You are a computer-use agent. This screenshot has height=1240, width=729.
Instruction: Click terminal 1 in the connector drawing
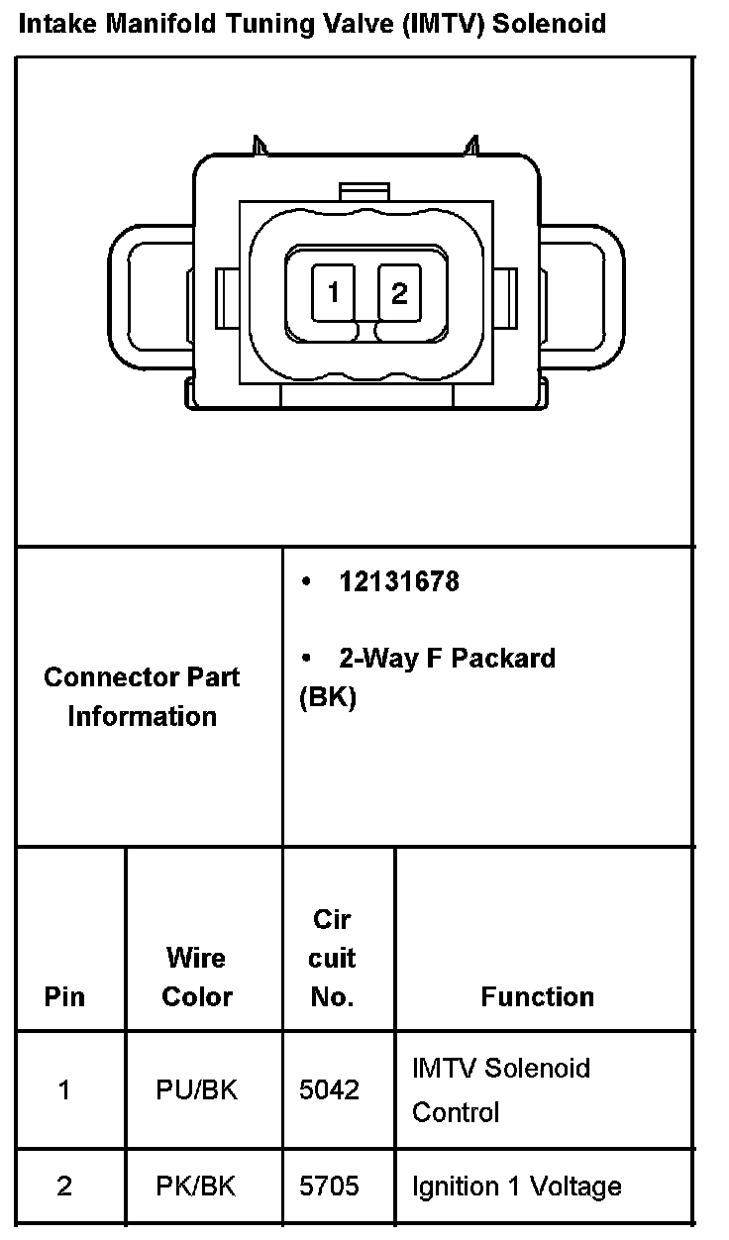click(x=334, y=293)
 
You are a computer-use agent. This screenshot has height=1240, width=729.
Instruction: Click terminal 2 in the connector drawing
click(x=399, y=293)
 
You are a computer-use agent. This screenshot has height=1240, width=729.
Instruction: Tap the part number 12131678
click(x=399, y=581)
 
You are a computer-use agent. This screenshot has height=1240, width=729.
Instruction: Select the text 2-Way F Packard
click(x=447, y=659)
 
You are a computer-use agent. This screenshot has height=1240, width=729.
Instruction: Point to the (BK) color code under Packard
click(x=328, y=697)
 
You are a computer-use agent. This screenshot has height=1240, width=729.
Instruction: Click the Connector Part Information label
click(x=142, y=696)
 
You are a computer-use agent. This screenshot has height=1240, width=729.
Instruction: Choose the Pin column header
click(x=64, y=996)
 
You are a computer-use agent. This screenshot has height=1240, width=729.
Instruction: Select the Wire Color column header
click(x=196, y=978)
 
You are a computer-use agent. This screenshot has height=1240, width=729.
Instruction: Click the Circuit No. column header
click(x=333, y=958)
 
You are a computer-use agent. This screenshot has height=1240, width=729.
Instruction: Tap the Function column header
click(x=538, y=996)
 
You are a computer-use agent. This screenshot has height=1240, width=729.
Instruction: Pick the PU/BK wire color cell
click(x=196, y=1090)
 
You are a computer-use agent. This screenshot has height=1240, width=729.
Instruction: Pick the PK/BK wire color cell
click(x=196, y=1187)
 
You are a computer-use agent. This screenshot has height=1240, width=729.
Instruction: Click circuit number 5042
click(x=329, y=1090)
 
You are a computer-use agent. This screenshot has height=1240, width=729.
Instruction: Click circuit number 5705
click(x=329, y=1187)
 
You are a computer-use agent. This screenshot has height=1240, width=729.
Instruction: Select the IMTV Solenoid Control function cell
click(x=500, y=1089)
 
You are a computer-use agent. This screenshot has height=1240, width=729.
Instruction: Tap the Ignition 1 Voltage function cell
click(x=516, y=1187)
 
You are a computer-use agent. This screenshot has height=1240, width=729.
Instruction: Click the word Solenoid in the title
click(x=550, y=23)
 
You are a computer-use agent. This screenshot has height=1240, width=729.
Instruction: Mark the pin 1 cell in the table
click(x=64, y=1090)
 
